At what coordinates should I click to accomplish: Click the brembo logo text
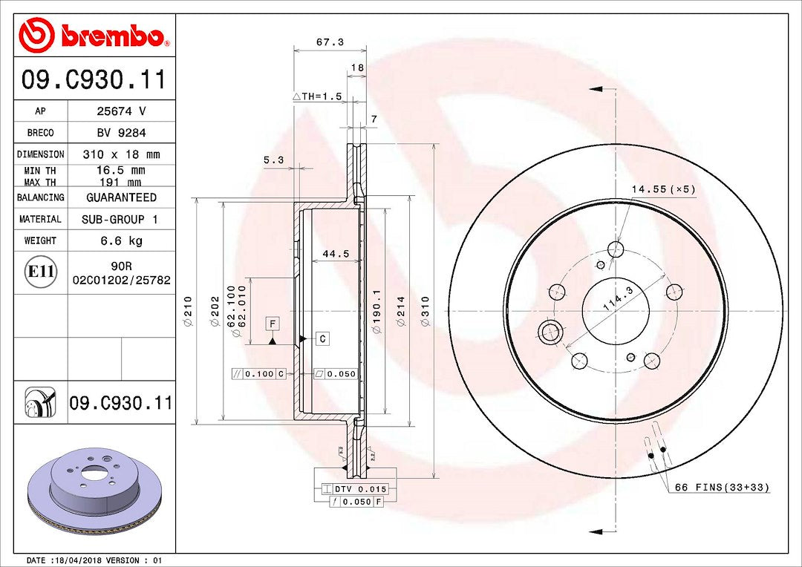(111, 36)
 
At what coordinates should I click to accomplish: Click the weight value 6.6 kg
(122, 240)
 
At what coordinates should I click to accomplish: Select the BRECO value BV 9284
(122, 133)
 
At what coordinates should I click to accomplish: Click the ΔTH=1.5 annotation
(317, 96)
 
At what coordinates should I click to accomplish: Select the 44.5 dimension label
(336, 254)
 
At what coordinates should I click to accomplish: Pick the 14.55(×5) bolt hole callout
(662, 189)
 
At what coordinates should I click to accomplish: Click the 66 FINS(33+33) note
(722, 488)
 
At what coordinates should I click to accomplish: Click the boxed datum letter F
(273, 324)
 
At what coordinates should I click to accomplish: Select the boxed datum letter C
(322, 339)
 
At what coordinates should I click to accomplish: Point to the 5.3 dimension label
(273, 159)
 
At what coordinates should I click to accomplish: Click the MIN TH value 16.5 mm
(122, 170)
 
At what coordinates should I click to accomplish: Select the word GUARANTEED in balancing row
(122, 197)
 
